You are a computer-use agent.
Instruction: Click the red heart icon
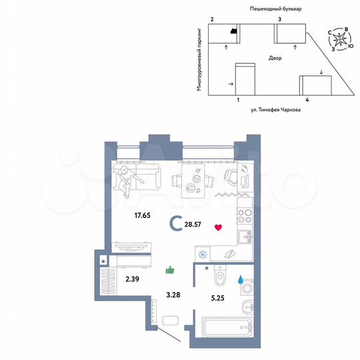tap(217, 227)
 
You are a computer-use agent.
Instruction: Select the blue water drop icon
tap(241, 281)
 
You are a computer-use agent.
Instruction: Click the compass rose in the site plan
tap(341, 39)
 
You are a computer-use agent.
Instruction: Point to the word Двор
tap(275, 59)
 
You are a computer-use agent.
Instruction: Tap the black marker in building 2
tap(233, 31)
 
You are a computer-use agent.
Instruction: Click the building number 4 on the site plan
tap(307, 99)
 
